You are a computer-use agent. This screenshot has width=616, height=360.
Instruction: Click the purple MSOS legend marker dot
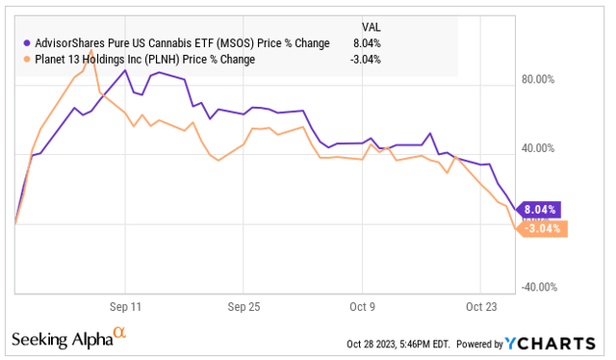pos(25,42)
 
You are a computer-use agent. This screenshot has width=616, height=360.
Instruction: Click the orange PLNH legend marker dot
pos(25,59)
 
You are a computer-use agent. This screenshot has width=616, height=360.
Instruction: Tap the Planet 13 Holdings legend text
pos(145,59)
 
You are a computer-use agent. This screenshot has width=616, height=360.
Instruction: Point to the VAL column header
pos(371,26)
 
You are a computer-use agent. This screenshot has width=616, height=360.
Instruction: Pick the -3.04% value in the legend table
pos(366,59)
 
